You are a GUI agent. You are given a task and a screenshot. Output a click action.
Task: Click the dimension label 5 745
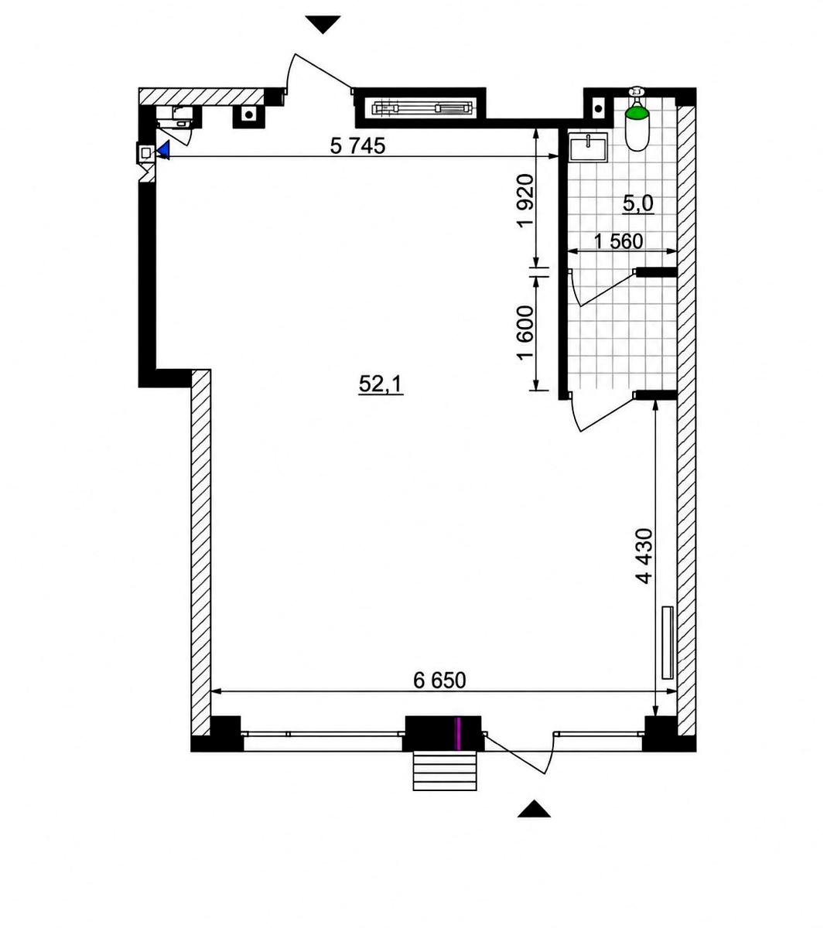357,146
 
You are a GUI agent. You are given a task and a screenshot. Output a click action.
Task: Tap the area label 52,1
381,384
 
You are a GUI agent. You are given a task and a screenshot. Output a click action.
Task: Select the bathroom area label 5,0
637,203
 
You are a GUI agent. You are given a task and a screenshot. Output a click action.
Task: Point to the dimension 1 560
619,241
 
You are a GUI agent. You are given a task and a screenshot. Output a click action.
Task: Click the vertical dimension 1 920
525,200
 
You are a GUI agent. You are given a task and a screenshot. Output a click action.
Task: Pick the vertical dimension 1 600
525,333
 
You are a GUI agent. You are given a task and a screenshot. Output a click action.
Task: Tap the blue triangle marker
163,150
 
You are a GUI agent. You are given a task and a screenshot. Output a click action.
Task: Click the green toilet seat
637,113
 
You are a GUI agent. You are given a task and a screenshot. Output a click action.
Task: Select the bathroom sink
588,147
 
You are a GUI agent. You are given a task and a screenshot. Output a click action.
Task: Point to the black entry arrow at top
323,25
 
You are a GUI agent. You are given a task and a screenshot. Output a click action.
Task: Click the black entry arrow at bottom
534,810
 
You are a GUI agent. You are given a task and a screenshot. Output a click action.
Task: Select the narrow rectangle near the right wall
668,642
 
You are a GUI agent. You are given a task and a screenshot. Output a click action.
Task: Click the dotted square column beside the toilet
598,108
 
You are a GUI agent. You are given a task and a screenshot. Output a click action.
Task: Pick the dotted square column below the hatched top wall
249,114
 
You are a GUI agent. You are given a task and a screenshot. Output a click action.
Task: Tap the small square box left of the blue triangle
146,153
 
